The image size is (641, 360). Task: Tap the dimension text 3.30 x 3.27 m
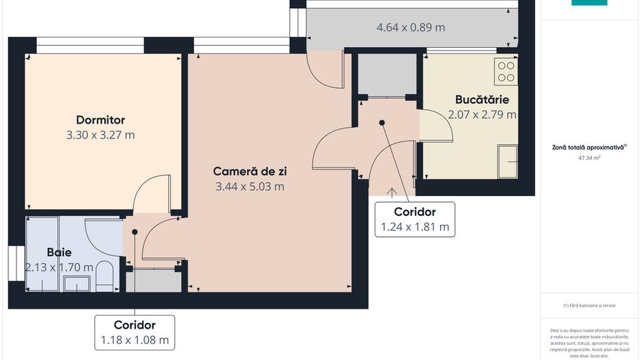pyautogui.click(x=100, y=135)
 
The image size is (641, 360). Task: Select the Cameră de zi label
pyautogui.click(x=250, y=171)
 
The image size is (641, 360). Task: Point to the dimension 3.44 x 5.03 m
pyautogui.click(x=250, y=186)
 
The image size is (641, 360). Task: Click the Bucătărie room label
pyautogui.click(x=482, y=100)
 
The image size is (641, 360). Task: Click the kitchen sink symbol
pyautogui.click(x=507, y=161)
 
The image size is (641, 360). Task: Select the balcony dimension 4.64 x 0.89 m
pyautogui.click(x=411, y=27)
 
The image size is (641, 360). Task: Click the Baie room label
pyautogui.click(x=59, y=252)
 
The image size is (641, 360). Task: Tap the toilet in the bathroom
pyautogui.click(x=104, y=277)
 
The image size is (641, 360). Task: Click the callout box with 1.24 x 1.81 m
pyautogui.click(x=415, y=219)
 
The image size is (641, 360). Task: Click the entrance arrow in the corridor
pyautogui.click(x=393, y=193)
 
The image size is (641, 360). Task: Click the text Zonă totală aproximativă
pyautogui.click(x=588, y=147)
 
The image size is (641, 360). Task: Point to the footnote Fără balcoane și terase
pyautogui.click(x=588, y=305)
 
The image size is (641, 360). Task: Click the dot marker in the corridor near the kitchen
pyautogui.click(x=382, y=123)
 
